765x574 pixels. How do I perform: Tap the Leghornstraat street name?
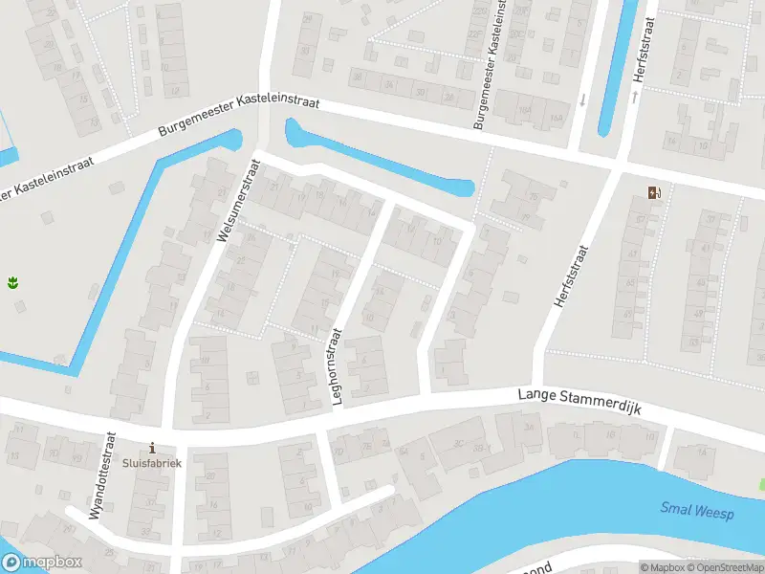[337, 366]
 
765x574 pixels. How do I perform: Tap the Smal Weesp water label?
[696, 513]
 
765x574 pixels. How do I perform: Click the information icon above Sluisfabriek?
[152, 447]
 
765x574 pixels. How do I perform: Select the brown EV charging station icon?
[654, 192]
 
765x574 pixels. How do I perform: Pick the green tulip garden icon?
[14, 281]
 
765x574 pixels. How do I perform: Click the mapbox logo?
[42, 563]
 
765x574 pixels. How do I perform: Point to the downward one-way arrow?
[582, 99]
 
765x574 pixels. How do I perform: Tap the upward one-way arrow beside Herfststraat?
[634, 97]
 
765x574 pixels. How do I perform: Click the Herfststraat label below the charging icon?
[571, 276]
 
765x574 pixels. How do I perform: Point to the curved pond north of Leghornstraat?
[382, 161]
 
